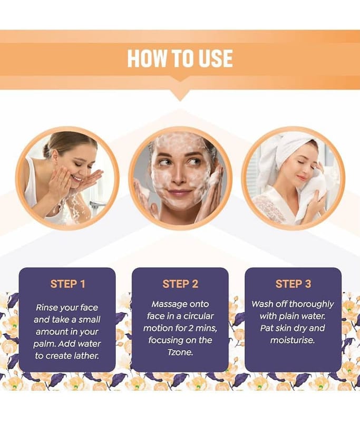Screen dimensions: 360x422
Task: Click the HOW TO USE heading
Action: (180, 59)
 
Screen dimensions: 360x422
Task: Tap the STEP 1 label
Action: (67, 284)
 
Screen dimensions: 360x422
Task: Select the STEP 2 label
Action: (180, 284)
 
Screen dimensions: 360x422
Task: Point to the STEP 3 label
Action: (293, 284)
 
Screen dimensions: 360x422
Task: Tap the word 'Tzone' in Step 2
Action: (180, 352)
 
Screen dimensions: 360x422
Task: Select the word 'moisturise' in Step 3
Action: (292, 340)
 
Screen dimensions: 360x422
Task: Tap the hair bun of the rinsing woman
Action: (46, 147)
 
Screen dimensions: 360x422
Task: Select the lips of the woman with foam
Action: (180, 193)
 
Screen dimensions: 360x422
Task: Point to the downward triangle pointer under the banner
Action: (180, 95)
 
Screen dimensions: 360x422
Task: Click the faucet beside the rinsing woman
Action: (98, 205)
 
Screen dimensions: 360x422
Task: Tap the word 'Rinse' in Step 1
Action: (47, 308)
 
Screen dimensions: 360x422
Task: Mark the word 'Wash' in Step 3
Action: (261, 304)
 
